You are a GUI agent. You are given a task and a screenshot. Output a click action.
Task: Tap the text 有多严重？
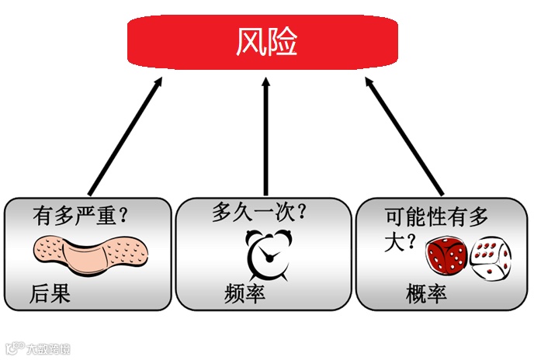[80, 213]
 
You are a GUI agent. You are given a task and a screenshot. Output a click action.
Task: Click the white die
[491, 258]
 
